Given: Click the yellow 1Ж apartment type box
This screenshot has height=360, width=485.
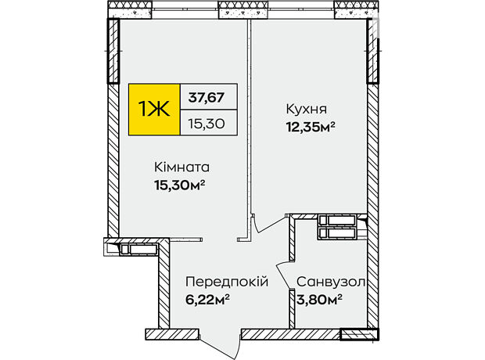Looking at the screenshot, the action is click(x=154, y=110).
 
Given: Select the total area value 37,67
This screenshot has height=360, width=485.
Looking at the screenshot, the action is click(x=207, y=98).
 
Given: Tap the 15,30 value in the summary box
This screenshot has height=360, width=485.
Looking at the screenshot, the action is click(x=207, y=124).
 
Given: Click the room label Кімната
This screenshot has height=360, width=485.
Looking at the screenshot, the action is click(x=181, y=167).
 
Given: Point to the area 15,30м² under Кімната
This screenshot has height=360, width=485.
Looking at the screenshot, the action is click(x=180, y=185).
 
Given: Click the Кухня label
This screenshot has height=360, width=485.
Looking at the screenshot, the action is click(x=307, y=109).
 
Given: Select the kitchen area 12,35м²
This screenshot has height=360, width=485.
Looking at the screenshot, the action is click(x=311, y=127).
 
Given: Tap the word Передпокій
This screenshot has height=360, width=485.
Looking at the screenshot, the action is click(x=227, y=282).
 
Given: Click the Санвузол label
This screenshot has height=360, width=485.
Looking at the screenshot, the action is click(x=331, y=282).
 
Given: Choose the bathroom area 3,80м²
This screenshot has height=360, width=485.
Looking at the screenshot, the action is click(x=319, y=300).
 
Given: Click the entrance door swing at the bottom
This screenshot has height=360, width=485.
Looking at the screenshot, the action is click(x=221, y=346).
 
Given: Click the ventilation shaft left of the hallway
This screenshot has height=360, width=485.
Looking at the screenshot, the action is click(x=138, y=249).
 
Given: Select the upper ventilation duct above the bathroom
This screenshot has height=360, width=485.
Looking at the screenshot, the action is click(x=336, y=221).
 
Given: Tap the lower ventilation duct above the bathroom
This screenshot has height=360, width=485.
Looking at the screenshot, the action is click(x=336, y=232).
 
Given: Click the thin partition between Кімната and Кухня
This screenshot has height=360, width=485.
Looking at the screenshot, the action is click(x=249, y=130).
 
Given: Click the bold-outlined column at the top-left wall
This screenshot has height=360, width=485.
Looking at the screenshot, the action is click(x=113, y=51).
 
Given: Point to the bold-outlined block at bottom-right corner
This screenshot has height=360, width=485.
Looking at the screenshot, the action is click(x=359, y=335).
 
